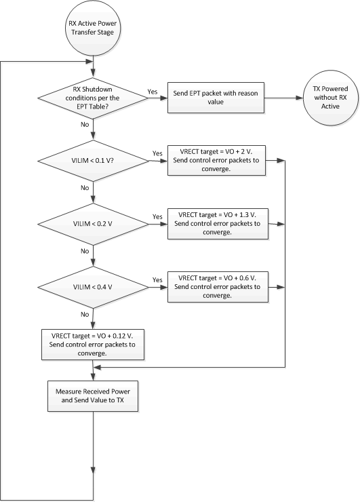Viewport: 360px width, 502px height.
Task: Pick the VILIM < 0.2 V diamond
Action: tap(93, 224)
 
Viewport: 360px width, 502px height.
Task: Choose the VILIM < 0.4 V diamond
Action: tap(93, 287)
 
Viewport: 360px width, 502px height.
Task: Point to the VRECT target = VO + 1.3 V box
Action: tap(217, 223)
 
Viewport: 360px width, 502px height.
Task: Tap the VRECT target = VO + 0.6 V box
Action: tap(217, 287)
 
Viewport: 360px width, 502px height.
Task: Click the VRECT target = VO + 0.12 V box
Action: tap(93, 343)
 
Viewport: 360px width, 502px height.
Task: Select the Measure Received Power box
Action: tap(93, 397)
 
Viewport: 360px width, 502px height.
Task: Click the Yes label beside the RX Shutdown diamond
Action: tap(153, 90)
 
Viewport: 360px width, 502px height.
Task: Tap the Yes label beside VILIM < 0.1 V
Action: tap(157, 153)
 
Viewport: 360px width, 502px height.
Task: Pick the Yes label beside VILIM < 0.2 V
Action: tap(157, 217)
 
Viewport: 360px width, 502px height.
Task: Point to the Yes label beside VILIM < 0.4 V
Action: tap(157, 280)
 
